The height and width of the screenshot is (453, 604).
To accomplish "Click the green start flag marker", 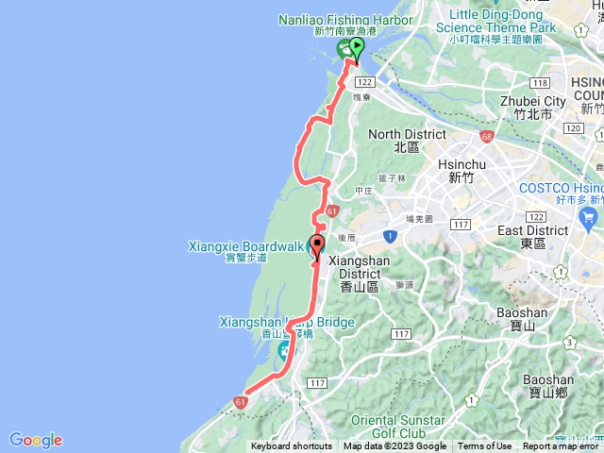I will pos(357,56).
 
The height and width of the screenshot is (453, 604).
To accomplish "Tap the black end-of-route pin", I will pos(316,246).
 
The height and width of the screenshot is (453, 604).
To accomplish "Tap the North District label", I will pos(407,134).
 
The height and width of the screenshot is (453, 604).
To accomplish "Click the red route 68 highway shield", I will pos(486,138).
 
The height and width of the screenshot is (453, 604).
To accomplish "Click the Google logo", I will pos(35,440).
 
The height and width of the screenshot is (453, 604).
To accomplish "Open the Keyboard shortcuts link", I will pos(292,446).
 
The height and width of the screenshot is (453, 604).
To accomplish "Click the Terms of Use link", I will pos(485,446).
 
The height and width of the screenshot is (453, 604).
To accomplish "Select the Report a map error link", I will pos(561,446).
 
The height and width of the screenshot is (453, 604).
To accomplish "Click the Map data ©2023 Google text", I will pos(394,446).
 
